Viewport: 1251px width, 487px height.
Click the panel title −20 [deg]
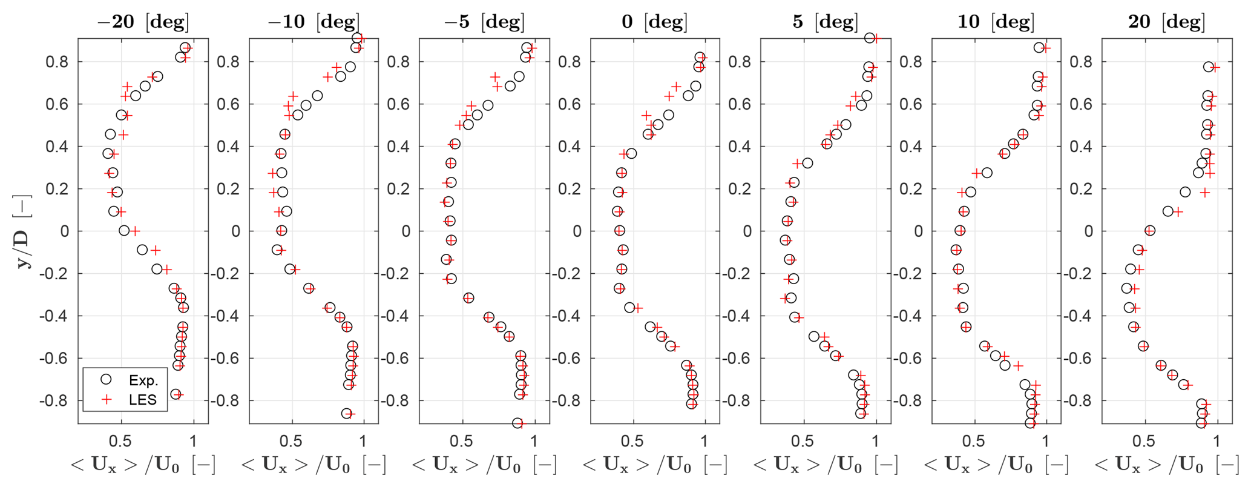coord(143,22)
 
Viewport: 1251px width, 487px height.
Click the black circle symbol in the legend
coord(106,380)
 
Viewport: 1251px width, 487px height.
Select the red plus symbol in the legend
coord(106,399)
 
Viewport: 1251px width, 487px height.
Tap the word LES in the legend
coord(143,400)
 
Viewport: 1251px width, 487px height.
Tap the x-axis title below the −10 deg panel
coord(314,465)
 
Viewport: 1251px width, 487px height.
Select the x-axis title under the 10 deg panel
coord(996,465)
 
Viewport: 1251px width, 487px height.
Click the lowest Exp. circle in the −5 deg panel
coord(517,423)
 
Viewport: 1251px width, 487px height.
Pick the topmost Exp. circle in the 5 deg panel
coord(870,38)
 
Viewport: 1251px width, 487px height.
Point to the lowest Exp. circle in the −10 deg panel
coord(347,413)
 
